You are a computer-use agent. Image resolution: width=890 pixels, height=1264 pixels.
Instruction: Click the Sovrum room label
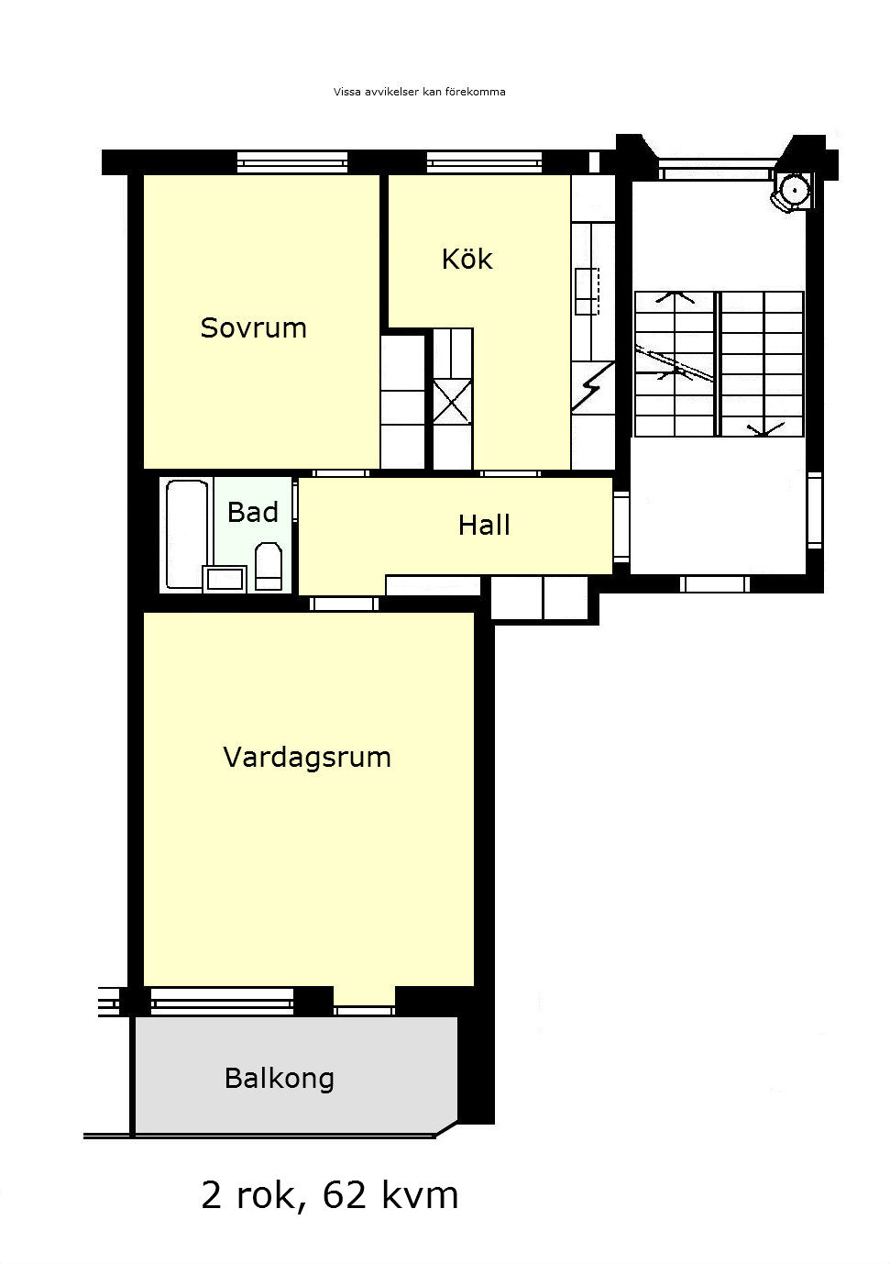tap(253, 327)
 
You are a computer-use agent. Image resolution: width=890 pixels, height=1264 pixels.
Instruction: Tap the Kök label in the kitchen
tap(467, 259)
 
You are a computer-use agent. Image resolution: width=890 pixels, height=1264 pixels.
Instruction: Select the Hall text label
tap(484, 525)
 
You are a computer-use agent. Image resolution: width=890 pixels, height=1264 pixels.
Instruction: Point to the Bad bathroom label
tap(253, 512)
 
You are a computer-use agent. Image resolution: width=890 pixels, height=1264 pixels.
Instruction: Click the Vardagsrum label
tap(307, 758)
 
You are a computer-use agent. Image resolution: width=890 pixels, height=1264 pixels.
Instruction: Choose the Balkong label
tap(280, 1079)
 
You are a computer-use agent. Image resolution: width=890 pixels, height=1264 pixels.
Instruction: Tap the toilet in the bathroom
tap(269, 566)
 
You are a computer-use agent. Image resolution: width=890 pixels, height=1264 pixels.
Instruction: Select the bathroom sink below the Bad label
tap(225, 579)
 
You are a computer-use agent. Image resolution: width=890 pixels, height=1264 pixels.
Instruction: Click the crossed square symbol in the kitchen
tap(452, 401)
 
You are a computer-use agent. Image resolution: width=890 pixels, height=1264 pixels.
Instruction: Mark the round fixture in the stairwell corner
tap(794, 191)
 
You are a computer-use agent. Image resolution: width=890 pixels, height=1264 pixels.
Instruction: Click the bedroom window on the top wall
tap(291, 162)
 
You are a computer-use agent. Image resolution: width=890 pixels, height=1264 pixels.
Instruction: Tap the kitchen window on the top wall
tap(484, 162)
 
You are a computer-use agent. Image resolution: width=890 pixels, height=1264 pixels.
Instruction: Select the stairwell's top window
tap(716, 168)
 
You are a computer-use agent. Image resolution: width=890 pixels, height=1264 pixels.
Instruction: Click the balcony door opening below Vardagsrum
tap(364, 1006)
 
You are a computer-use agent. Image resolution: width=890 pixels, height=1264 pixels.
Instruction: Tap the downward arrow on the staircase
tap(764, 429)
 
